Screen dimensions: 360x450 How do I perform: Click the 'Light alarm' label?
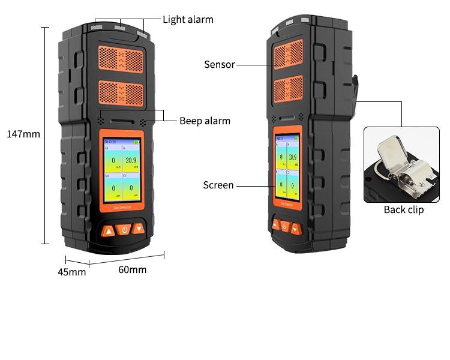tap(188, 19)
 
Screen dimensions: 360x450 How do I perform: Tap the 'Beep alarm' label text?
tap(205, 121)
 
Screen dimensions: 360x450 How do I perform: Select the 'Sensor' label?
tap(219, 64)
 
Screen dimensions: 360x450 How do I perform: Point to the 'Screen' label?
tap(218, 185)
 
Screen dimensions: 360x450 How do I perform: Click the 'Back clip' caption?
tap(404, 209)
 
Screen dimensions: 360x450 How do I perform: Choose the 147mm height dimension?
tap(23, 134)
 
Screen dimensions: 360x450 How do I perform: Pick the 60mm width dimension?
tap(132, 269)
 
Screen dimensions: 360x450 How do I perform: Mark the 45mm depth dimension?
tap(71, 272)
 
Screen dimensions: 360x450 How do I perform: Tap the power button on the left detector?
tap(124, 229)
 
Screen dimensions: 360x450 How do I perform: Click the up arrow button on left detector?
tap(108, 230)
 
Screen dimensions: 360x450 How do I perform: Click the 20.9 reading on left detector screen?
tap(131, 160)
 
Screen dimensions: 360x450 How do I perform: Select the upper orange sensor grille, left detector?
tap(121, 61)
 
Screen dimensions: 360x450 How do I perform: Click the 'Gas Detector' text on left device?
tap(122, 208)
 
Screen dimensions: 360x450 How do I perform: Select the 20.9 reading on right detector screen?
tap(292, 158)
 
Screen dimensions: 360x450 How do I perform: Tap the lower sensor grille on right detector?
tap(289, 88)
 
